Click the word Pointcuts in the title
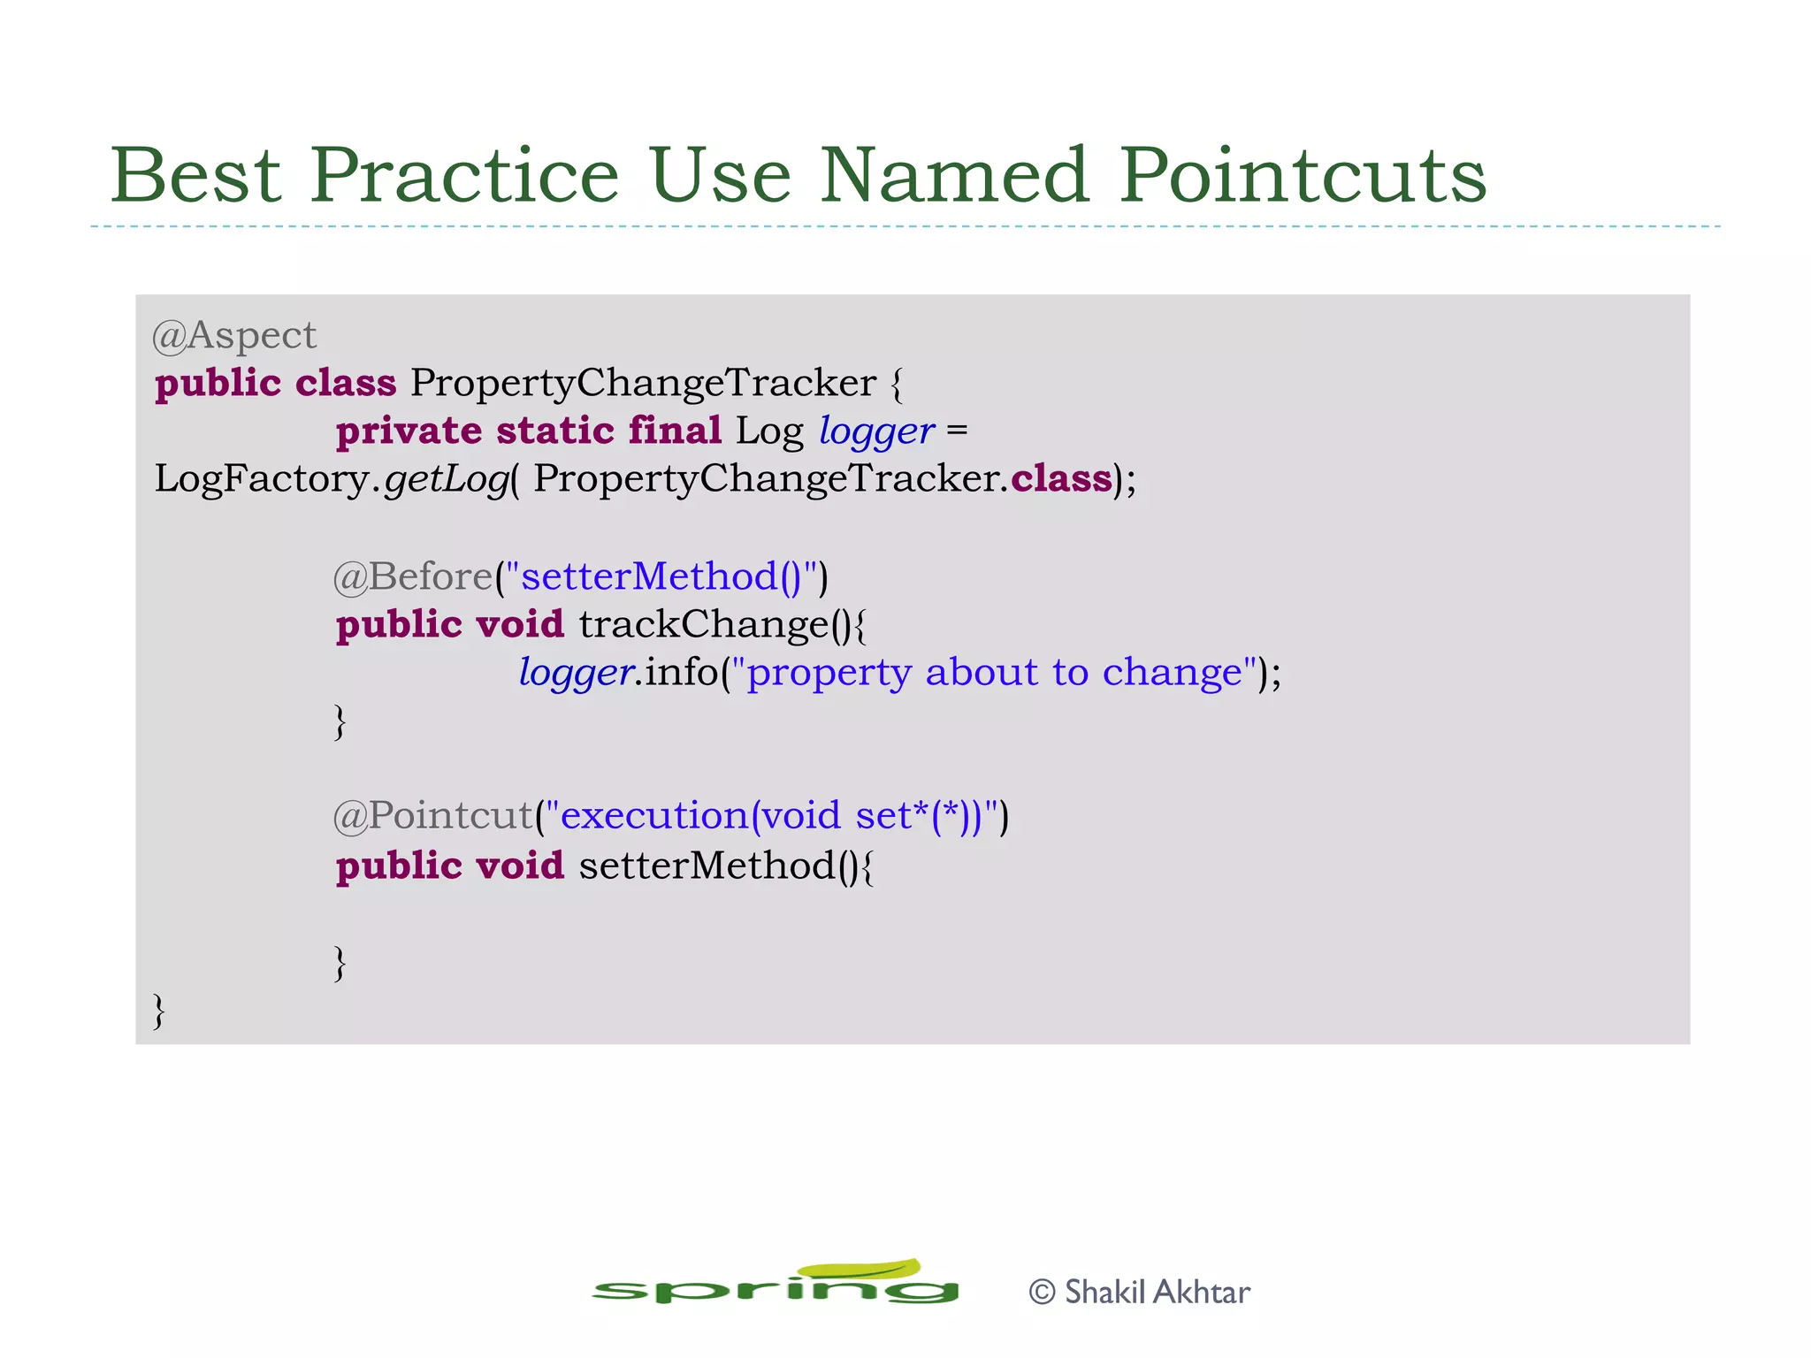[x=1303, y=175]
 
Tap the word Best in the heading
[x=195, y=175]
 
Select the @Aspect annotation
[x=234, y=336]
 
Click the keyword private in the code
[x=409, y=431]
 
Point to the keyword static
[x=554, y=431]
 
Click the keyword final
[x=675, y=431]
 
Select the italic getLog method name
[x=447, y=480]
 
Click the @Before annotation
[x=412, y=576]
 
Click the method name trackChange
[x=703, y=624]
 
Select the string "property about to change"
[x=995, y=673]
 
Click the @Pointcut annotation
[x=433, y=815]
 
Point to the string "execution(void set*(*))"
[x=772, y=815]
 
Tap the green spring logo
[x=776, y=1285]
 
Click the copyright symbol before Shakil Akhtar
[x=1043, y=1293]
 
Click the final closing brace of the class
[x=159, y=1011]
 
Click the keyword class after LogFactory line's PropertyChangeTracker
[x=1061, y=480]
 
